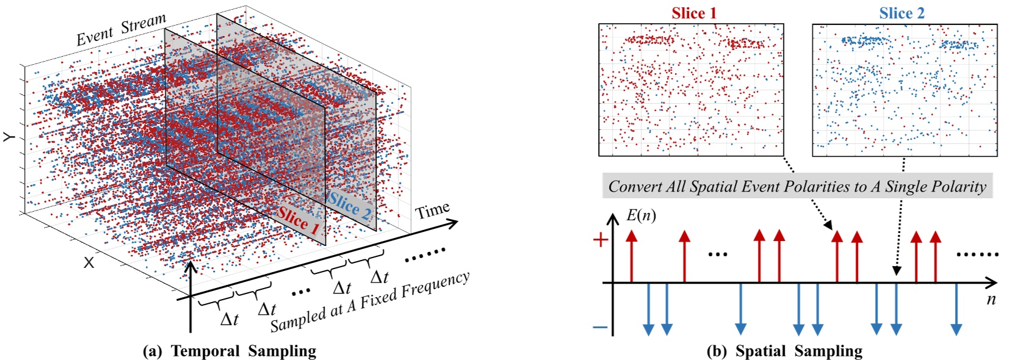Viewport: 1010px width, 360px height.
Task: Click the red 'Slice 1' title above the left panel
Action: pos(694,13)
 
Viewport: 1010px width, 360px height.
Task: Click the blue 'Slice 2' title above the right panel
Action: pos(901,13)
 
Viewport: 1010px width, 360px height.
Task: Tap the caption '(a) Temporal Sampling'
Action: pos(229,351)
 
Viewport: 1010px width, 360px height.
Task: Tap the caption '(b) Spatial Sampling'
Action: pos(784,351)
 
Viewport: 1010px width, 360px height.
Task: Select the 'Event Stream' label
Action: pos(121,30)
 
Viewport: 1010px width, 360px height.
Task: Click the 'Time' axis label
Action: pos(432,211)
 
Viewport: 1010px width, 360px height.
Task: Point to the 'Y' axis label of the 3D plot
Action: pos(10,137)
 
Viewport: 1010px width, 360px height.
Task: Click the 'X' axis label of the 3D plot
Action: pos(89,262)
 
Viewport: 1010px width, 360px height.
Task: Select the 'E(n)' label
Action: pos(641,215)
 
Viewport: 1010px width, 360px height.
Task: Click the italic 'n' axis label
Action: pos(991,299)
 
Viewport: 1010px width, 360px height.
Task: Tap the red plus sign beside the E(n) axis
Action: pos(601,239)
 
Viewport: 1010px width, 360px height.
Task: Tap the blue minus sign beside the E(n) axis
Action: pos(600,328)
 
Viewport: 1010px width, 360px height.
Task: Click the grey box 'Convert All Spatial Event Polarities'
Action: pos(797,186)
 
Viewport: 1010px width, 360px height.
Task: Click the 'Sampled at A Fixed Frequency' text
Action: pos(370,301)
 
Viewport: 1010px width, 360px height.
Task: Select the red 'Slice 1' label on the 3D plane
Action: pos(298,220)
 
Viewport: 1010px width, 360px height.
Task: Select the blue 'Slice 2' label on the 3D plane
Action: pos(349,206)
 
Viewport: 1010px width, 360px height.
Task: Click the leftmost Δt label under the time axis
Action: pos(229,319)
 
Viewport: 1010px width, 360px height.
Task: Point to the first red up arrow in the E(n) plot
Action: pos(631,256)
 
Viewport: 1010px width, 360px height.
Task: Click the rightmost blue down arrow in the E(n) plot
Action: pos(956,309)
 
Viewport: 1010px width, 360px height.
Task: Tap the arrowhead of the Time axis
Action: pos(453,223)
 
